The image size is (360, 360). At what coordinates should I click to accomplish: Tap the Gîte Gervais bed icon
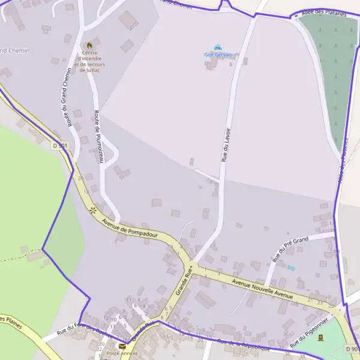[218, 47]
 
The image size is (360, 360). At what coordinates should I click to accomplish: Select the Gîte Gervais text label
[218, 55]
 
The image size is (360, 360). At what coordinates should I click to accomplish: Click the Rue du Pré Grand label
[290, 250]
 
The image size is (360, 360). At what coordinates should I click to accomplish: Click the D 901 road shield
[60, 145]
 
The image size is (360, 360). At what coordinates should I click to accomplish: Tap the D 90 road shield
[352, 349]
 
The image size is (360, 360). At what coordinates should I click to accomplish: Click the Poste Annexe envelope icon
[122, 346]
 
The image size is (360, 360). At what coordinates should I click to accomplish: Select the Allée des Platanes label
[324, 14]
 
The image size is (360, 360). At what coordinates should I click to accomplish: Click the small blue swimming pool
[291, 268]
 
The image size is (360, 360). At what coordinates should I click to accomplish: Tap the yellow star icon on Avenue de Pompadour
[92, 210]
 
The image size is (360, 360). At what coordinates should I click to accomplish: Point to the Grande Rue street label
[184, 281]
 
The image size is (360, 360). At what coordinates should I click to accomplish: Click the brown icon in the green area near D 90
[320, 337]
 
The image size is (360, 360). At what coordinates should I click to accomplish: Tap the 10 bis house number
[166, 337]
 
